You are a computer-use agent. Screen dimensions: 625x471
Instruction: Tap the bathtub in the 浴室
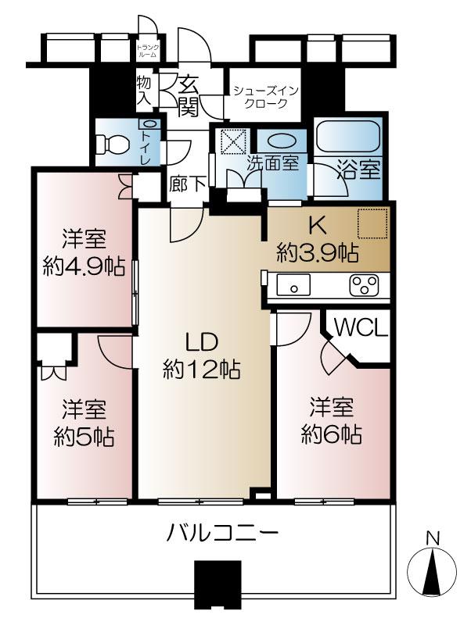click(x=348, y=141)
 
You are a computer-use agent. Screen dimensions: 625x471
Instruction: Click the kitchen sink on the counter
click(x=294, y=287)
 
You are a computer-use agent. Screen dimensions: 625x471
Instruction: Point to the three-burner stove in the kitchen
click(x=362, y=287)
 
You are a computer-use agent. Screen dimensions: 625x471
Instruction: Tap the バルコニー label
click(x=223, y=535)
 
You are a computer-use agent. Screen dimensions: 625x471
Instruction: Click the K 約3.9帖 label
click(x=317, y=239)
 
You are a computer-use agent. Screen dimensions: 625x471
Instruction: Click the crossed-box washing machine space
click(x=233, y=141)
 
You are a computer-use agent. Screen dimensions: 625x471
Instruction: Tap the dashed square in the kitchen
click(x=372, y=223)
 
